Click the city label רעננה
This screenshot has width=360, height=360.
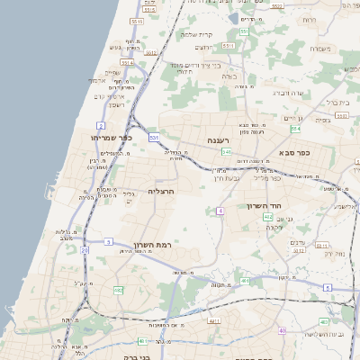click(219, 139)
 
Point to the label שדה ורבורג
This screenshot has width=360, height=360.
click(285, 93)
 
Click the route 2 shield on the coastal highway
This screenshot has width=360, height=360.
click(101, 125)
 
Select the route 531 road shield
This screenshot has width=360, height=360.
click(155, 138)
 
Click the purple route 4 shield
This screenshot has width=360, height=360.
click(220, 211)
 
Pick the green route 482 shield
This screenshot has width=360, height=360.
click(118, 290)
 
